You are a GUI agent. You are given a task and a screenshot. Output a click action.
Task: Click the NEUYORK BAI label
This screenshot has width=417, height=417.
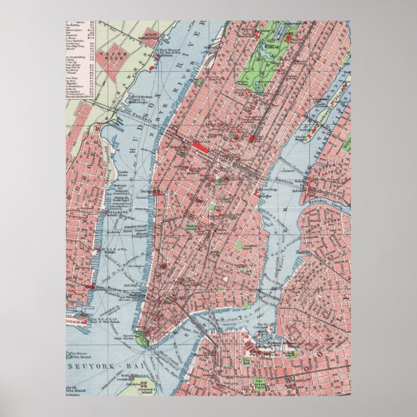click(96, 366)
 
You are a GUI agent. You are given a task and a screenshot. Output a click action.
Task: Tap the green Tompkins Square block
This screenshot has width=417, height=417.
click(241, 246)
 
